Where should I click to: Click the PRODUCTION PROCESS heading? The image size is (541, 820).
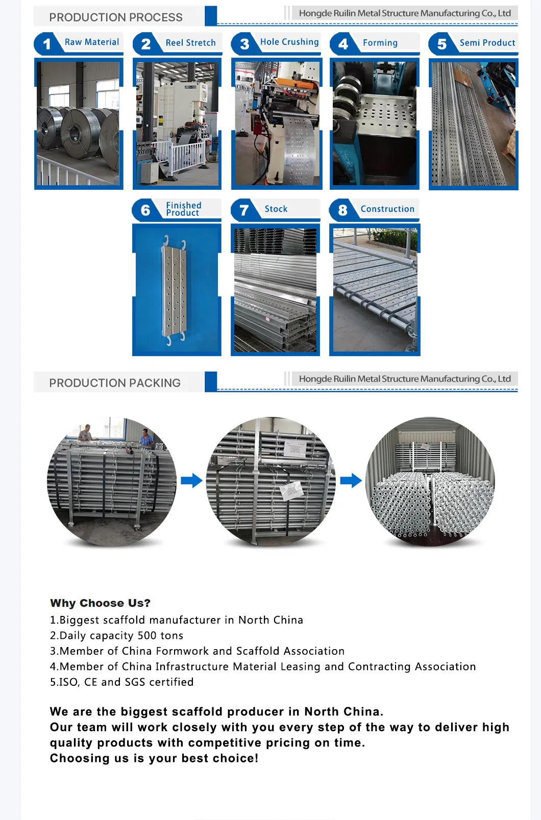(x=116, y=17)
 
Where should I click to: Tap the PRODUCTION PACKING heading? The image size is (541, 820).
(x=115, y=383)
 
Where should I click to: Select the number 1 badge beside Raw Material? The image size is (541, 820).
(x=47, y=44)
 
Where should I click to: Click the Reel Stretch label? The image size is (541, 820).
(x=190, y=43)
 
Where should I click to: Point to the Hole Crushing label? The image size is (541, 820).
(x=289, y=42)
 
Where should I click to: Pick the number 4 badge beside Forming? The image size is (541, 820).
(x=343, y=44)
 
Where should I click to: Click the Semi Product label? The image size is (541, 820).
(x=487, y=43)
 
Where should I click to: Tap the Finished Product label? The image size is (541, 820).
(x=183, y=209)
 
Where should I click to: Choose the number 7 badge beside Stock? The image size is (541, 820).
(x=244, y=210)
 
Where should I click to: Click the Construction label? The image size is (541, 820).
(x=387, y=209)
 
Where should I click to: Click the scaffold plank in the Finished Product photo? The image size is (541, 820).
(x=175, y=290)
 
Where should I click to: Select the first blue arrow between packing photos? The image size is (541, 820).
(x=191, y=480)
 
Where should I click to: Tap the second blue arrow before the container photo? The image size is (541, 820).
(x=351, y=480)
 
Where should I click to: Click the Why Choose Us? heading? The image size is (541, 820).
(x=100, y=603)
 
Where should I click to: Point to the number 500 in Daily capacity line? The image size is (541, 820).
(x=147, y=635)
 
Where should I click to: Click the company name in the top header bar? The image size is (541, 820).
(x=404, y=13)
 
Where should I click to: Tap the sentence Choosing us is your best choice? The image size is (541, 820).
(x=154, y=758)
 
